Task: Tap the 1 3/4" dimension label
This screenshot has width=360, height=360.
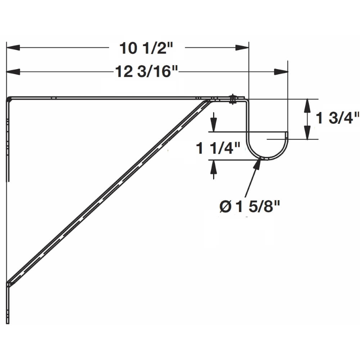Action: (x=337, y=118)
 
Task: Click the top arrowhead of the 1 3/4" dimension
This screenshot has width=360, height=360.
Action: (x=307, y=105)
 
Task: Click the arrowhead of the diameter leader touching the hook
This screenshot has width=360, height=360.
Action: (x=258, y=163)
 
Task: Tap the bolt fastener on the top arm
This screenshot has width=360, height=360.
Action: (x=232, y=99)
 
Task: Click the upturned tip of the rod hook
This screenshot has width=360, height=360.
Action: (x=287, y=134)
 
